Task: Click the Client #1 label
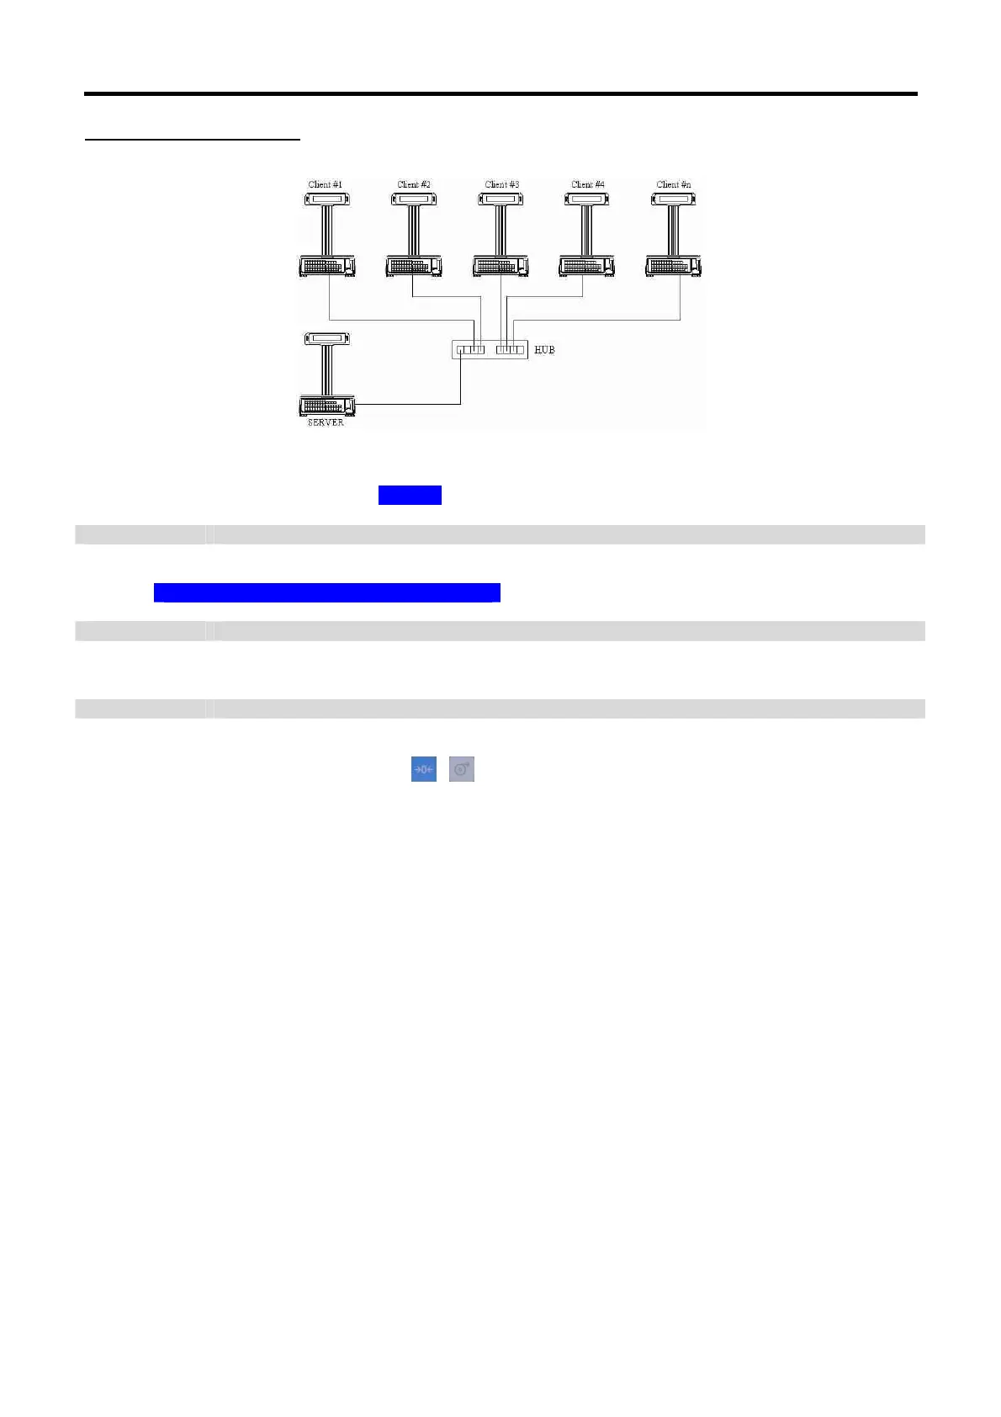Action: click(x=326, y=184)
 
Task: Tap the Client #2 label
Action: click(x=414, y=184)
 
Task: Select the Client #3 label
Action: click(x=502, y=184)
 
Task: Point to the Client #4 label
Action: click(x=588, y=184)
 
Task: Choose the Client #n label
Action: click(x=674, y=184)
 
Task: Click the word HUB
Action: click(x=544, y=349)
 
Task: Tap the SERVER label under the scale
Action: click(x=326, y=422)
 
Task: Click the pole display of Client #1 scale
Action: click(x=327, y=199)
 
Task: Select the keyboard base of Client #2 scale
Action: click(x=414, y=266)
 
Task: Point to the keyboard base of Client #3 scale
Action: click(x=500, y=266)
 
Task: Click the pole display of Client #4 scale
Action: click(x=586, y=199)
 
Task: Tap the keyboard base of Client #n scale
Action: click(x=674, y=266)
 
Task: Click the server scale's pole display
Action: click(x=327, y=339)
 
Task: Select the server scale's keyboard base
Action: click(x=327, y=406)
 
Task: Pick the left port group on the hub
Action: click(x=470, y=349)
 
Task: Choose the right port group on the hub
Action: click(x=510, y=349)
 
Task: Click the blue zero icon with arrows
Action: click(x=424, y=769)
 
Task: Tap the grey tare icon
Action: click(x=462, y=769)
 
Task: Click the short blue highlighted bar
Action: click(x=410, y=495)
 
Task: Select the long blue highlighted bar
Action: click(x=327, y=592)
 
